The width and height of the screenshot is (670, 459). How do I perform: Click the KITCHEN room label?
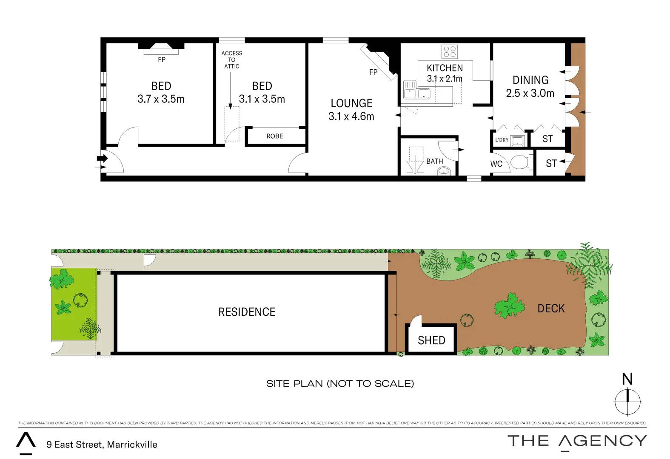445,68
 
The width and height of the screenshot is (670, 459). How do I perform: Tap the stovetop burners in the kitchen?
450,52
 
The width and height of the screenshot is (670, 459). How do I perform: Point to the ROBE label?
274,136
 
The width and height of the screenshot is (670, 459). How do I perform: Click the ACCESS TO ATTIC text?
231,59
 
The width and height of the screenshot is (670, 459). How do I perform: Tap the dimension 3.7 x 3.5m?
161,99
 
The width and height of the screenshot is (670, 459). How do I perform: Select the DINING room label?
530,80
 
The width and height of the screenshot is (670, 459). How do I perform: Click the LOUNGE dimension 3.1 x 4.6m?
351,116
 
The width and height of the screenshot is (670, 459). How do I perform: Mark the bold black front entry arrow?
103,159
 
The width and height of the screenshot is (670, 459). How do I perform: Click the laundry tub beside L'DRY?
517,140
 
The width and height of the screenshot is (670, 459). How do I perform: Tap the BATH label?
434,161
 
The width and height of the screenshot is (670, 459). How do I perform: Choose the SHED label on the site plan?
431,340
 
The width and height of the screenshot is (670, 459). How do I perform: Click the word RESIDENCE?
247,312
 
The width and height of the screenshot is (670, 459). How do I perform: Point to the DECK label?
551,309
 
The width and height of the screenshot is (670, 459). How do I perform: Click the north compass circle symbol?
627,401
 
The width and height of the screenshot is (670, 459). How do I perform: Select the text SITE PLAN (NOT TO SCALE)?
340,383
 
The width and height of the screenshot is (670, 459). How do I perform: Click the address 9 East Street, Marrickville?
102,445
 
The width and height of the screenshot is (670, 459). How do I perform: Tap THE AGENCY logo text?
577,441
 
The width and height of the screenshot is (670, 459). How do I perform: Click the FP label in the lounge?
373,72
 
